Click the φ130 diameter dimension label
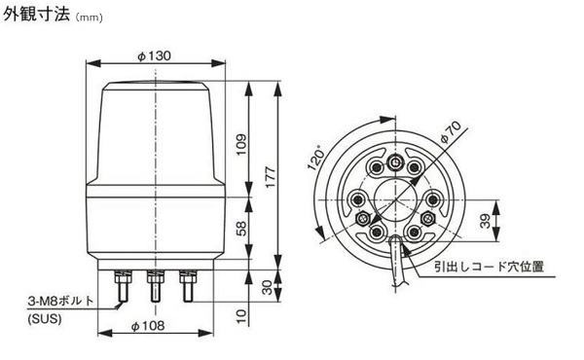coord(154,56)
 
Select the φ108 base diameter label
coord(148,326)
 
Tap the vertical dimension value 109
coord(241,144)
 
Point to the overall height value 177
coord(271,177)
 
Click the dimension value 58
coord(241,229)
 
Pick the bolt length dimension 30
coord(267,287)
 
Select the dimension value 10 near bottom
coord(241,315)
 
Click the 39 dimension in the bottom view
coord(485,221)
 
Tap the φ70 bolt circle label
coord(451,132)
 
